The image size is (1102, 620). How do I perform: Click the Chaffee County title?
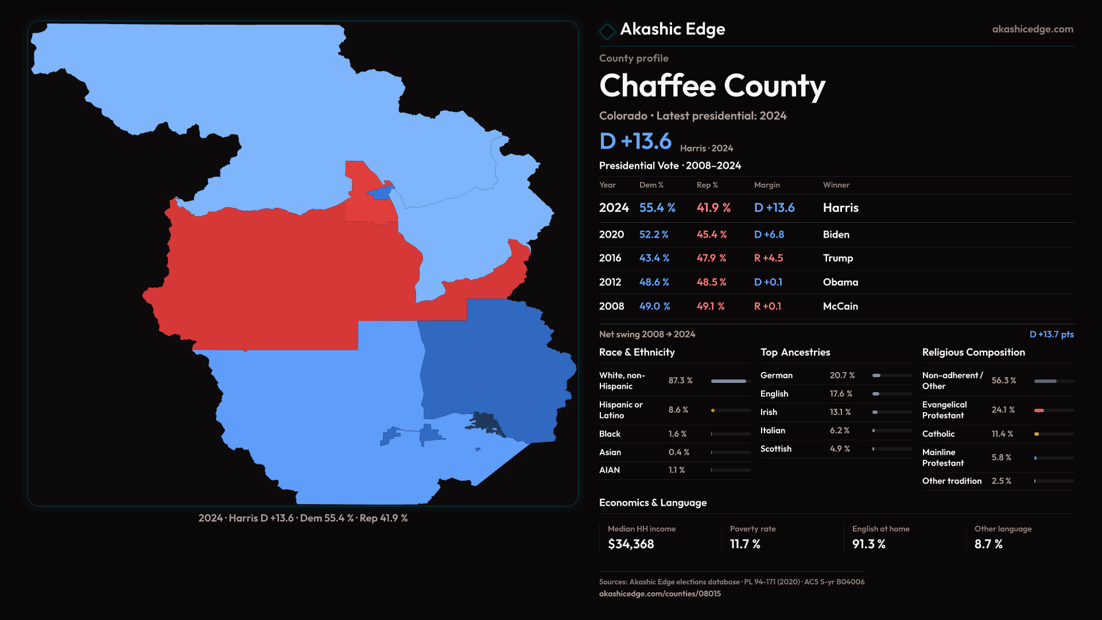[712, 86]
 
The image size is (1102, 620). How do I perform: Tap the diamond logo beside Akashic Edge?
[607, 31]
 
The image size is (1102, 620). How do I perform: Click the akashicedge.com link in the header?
[1032, 29]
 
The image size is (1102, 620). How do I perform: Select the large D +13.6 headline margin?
[635, 141]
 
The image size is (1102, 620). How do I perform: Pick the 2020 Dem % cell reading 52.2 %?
[654, 235]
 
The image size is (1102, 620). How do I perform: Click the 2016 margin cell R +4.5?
[768, 258]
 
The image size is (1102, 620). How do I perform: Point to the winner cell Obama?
[840, 282]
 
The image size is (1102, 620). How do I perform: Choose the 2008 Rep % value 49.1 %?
[710, 307]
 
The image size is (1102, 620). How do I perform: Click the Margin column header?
[767, 185]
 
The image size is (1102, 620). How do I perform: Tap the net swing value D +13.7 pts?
[1051, 334]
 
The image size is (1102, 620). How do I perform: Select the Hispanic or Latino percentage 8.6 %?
[678, 410]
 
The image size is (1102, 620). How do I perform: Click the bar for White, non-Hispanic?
[729, 381]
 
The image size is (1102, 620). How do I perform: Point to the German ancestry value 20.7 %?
[842, 375]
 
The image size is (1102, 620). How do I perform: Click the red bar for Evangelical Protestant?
[1039, 410]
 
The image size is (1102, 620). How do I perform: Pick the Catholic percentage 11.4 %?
[1002, 434]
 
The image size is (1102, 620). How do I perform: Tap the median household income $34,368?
[631, 544]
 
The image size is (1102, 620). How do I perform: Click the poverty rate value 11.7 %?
[745, 544]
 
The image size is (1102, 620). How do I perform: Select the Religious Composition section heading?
[973, 352]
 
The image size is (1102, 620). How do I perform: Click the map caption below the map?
[303, 518]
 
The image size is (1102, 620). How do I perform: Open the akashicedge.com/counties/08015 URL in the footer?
[659, 594]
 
